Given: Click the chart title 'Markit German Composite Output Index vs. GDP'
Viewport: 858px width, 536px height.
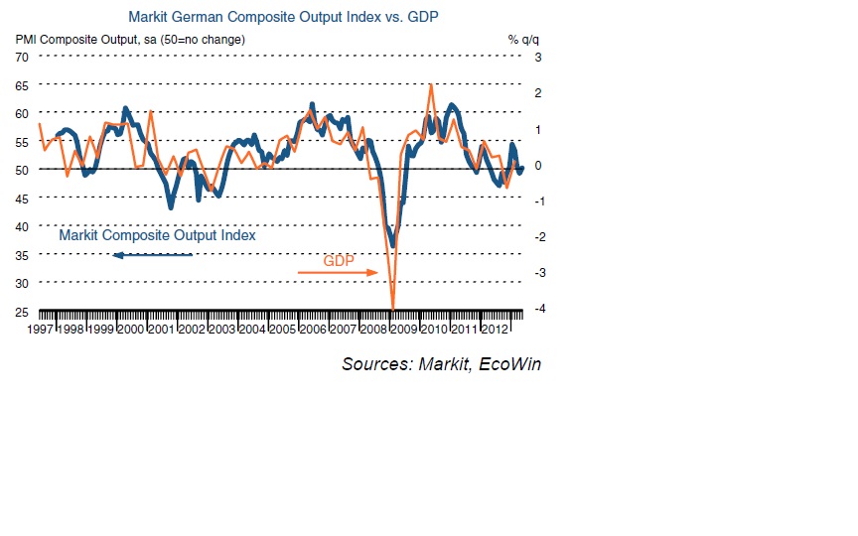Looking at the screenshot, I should point(283,17).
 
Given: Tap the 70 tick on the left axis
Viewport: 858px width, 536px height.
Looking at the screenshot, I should point(21,57).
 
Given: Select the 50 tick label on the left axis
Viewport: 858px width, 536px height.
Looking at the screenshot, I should point(21,170).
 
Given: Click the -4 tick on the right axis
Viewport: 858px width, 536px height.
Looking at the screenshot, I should point(536,309).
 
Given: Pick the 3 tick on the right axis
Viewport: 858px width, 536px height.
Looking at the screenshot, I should point(537,57).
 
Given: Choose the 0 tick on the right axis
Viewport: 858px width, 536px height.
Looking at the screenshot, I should point(537,165).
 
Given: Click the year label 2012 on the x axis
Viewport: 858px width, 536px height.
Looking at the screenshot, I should point(494,329).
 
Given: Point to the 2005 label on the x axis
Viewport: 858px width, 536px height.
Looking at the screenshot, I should point(282,329).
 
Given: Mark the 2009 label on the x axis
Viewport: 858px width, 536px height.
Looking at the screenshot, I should point(403,329).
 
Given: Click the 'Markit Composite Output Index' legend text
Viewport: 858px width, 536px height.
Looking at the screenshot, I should point(157,236).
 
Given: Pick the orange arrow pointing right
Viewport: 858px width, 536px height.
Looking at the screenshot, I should point(339,272).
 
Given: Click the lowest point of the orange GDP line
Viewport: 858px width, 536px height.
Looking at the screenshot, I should point(393,309).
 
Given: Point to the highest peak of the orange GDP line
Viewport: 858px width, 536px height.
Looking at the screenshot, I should point(430,84).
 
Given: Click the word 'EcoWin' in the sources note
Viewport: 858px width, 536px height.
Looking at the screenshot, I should point(509,364).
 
